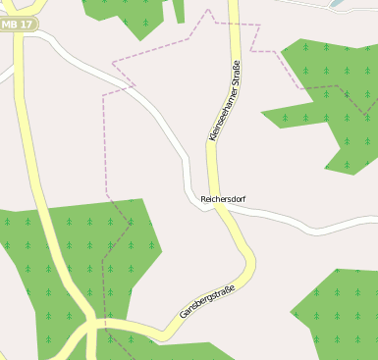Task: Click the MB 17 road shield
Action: [x=19, y=23]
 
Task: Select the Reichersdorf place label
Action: [x=223, y=199]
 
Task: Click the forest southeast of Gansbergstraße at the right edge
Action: [x=339, y=314]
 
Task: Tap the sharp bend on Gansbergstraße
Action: [x=249, y=259]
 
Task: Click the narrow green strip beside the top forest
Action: [x=180, y=11]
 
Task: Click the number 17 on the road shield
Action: [x=27, y=23]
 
